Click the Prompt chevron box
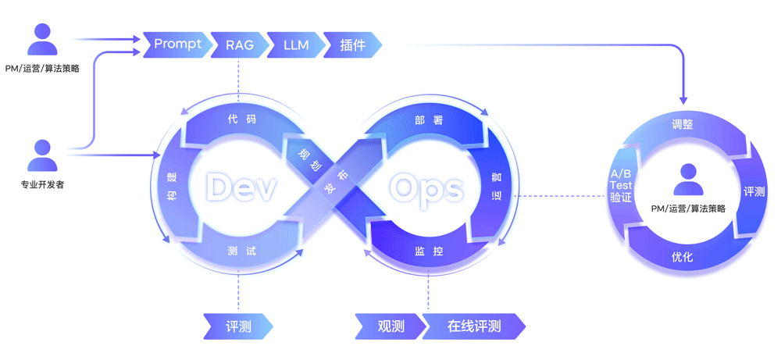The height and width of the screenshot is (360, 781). coord(177,45)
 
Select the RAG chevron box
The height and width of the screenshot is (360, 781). coord(238,45)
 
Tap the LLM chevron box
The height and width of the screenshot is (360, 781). coord(295,45)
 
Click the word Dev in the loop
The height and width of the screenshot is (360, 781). coord(242,188)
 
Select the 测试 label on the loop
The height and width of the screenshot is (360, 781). coord(242,251)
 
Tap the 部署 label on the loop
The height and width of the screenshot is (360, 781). coord(428,120)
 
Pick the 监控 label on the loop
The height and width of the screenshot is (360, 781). coord(428,251)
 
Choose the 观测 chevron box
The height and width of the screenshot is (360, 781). coord(390,326)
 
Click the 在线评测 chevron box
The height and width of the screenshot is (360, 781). coord(474,326)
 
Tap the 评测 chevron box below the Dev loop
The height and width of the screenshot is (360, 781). coord(238,326)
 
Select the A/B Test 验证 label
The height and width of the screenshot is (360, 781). coord(621,186)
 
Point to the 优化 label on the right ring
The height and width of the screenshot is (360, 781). coord(682,257)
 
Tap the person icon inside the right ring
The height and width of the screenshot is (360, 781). coord(688,180)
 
